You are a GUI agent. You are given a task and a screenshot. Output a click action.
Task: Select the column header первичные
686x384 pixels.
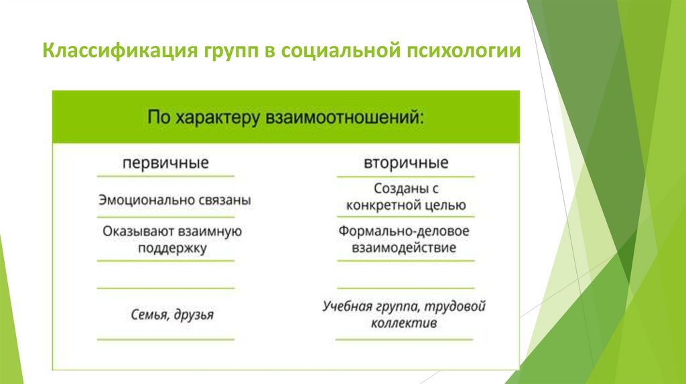pos(165,163)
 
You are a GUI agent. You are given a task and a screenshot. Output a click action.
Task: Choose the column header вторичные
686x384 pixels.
pos(406,163)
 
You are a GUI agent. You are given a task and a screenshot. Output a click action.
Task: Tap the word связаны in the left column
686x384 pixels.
pos(225,200)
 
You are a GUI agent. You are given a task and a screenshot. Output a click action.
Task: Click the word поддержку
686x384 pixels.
pos(173,248)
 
